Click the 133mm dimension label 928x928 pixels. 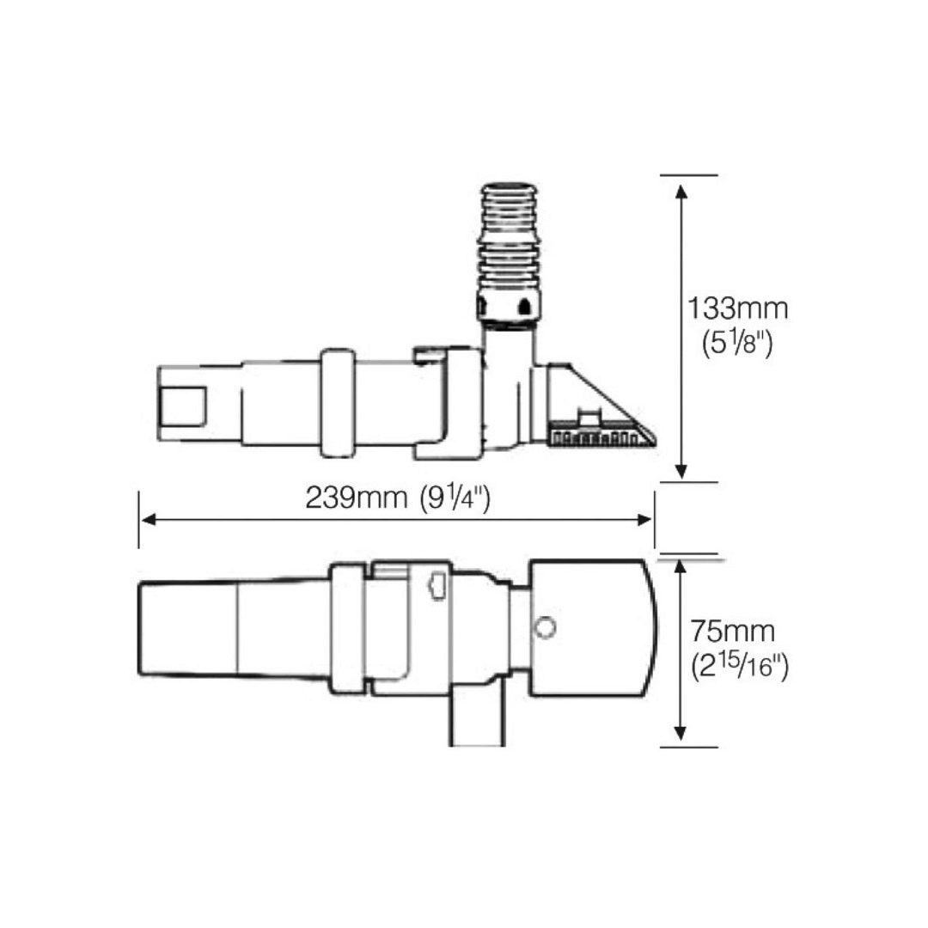[x=737, y=308]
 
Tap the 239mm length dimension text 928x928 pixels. [x=357, y=498]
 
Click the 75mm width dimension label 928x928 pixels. [x=732, y=632]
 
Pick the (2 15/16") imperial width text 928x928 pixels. [x=739, y=666]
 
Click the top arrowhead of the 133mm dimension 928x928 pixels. [x=681, y=191]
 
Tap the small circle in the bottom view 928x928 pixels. [x=544, y=628]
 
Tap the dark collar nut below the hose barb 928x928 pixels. [x=509, y=308]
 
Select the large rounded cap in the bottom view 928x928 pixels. [x=593, y=628]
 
